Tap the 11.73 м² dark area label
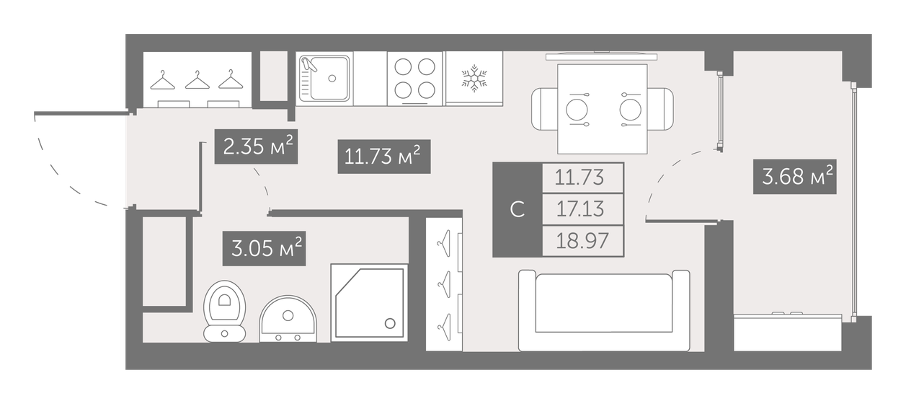pos(383,157)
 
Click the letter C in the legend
pos(517,209)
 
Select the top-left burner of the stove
pos(404,66)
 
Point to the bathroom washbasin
pos(288,318)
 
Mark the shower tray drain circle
pos(391,324)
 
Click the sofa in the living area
pos(604,310)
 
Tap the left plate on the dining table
pos(577,109)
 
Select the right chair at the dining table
pos(661,109)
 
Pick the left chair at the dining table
pos(544,109)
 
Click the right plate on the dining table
pos(630,109)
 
